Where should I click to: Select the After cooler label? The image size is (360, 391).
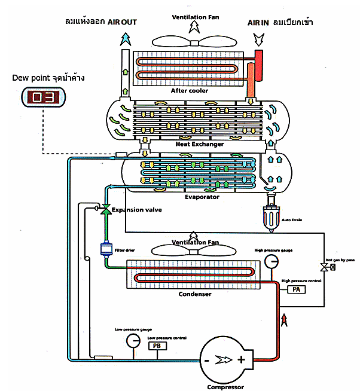point(190,91)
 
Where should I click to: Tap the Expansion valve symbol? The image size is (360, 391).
point(105,209)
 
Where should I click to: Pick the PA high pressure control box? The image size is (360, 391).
point(297,289)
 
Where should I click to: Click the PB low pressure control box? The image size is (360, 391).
point(157,346)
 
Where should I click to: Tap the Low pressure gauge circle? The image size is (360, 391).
point(132,340)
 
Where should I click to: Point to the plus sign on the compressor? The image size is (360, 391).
point(241,360)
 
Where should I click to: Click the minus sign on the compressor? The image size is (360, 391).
point(206,360)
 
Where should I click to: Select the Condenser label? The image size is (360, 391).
point(195,294)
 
